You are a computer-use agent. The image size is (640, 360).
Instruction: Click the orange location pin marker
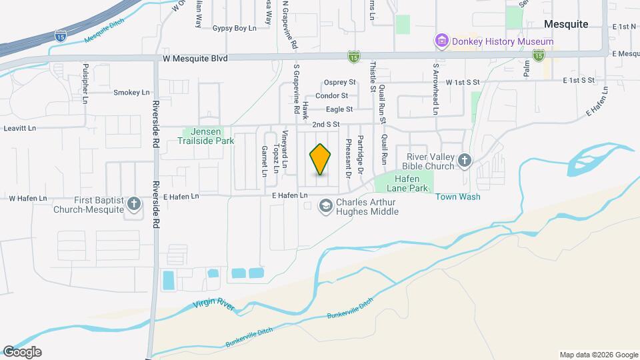coord(321,159)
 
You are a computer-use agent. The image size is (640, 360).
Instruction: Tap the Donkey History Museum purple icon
coord(441,41)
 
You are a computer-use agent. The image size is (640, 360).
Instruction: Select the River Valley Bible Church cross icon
coord(465,160)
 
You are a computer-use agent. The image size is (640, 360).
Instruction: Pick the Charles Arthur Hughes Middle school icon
coord(326,206)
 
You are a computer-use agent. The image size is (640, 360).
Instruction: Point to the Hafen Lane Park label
coord(404,184)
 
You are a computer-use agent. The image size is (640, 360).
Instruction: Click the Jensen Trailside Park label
coord(206,137)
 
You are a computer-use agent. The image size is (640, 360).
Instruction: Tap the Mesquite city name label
coord(566,24)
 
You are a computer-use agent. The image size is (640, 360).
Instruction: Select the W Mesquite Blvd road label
coord(195,59)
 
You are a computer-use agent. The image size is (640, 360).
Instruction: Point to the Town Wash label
coord(458,197)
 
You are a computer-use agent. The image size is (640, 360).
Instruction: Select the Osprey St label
coord(340,83)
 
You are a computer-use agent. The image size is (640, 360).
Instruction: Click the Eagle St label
coord(339,109)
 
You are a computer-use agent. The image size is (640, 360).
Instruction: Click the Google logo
coord(22,352)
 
